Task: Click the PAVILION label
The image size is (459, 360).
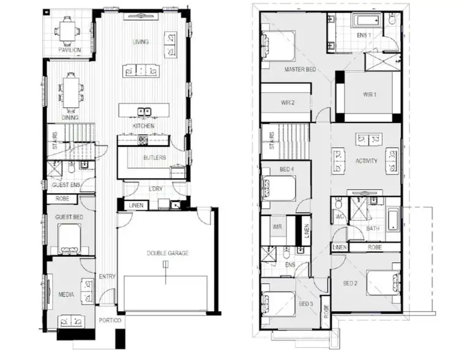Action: [70, 50]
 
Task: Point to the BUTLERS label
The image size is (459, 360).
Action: [155, 157]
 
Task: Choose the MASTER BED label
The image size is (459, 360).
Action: [300, 69]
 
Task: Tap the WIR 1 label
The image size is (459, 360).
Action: [369, 94]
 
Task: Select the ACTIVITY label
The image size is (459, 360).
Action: [367, 161]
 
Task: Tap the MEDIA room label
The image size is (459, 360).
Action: [67, 295]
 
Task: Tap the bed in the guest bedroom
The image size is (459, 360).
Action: [69, 237]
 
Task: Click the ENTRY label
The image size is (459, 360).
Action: [107, 277]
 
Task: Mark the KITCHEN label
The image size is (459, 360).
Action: [143, 126]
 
